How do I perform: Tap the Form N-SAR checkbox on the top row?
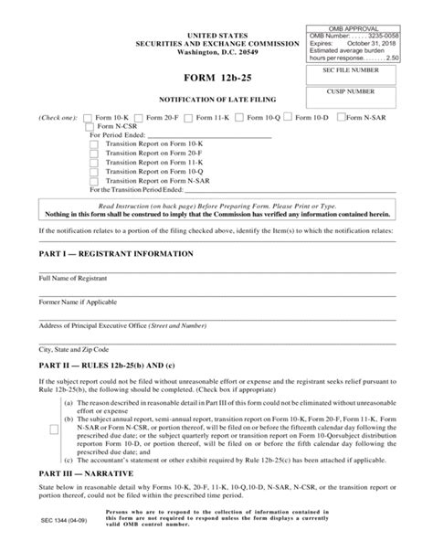coord(341,118)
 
